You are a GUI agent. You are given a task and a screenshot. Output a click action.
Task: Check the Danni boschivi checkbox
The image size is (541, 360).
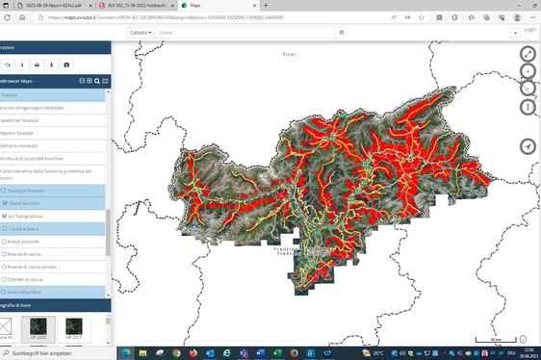pos(4,203)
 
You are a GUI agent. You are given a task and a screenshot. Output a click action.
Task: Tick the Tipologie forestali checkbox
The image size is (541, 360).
pos(4,191)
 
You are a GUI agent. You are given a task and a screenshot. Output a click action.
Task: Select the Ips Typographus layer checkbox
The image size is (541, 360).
pos(4,216)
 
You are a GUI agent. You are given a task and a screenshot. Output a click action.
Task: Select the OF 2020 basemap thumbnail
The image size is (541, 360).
pos(39,326)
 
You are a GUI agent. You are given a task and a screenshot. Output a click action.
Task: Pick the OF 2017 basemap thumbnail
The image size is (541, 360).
pos(74,326)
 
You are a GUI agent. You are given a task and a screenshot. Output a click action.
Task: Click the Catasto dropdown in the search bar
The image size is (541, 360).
pos(141,32)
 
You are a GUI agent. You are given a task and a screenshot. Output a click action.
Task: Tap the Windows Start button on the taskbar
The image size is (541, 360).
pos(6,353)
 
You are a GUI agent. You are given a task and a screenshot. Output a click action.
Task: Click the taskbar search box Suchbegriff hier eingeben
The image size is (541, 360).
pos(58,353)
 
